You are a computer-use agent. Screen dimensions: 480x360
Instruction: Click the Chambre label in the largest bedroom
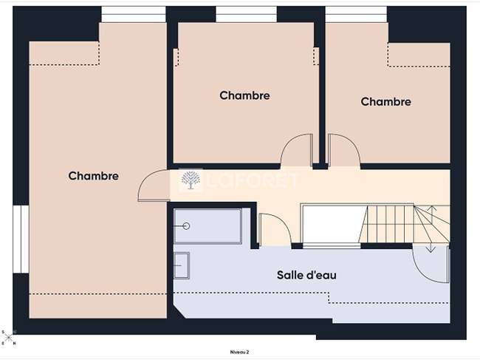(x=93, y=176)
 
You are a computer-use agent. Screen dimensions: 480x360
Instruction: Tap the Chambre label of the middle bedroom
(x=244, y=95)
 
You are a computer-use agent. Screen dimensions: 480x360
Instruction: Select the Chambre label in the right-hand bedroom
(x=385, y=101)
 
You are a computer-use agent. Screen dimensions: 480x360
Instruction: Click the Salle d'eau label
(x=306, y=275)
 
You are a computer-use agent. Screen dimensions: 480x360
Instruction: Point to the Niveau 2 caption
(x=239, y=353)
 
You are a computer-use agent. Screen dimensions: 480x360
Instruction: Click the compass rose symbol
(x=9, y=338)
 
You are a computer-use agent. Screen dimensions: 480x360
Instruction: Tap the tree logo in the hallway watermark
(x=191, y=180)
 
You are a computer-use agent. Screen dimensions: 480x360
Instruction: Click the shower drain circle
(x=186, y=226)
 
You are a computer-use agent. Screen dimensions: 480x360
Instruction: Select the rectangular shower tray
(x=208, y=226)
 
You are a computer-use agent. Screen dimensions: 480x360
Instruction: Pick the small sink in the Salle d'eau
(x=182, y=265)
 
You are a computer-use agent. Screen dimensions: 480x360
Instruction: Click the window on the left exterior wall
(x=21, y=239)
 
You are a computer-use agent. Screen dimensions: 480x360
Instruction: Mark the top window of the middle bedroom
(x=246, y=14)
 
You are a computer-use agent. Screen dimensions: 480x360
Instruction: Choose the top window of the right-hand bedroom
(x=356, y=14)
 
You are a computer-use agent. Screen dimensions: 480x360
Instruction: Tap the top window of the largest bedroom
(x=134, y=14)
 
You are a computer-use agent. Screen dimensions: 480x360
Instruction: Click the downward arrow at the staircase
(x=431, y=245)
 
